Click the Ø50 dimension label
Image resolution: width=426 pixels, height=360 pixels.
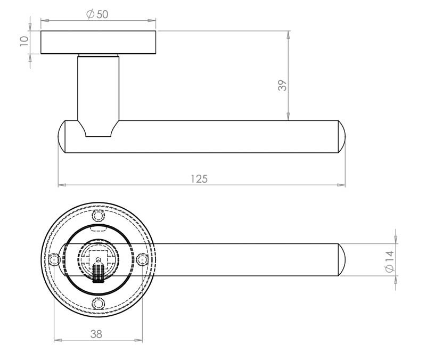pos(97,14)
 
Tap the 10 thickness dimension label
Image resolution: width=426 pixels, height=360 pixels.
pos(24,41)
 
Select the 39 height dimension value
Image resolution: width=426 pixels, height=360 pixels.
pos(282,85)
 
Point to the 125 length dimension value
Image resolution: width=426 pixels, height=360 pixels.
pos(199,179)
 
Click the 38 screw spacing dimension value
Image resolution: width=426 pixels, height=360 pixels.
pos(96,334)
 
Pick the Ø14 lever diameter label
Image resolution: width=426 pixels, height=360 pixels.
pos(389,261)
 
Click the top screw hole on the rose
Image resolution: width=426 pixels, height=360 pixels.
pos(99,216)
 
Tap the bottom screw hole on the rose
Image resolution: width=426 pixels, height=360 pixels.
pos(99,304)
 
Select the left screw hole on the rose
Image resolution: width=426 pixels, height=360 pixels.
pos(54,260)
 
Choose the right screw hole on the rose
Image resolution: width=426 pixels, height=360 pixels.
pos(142,260)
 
